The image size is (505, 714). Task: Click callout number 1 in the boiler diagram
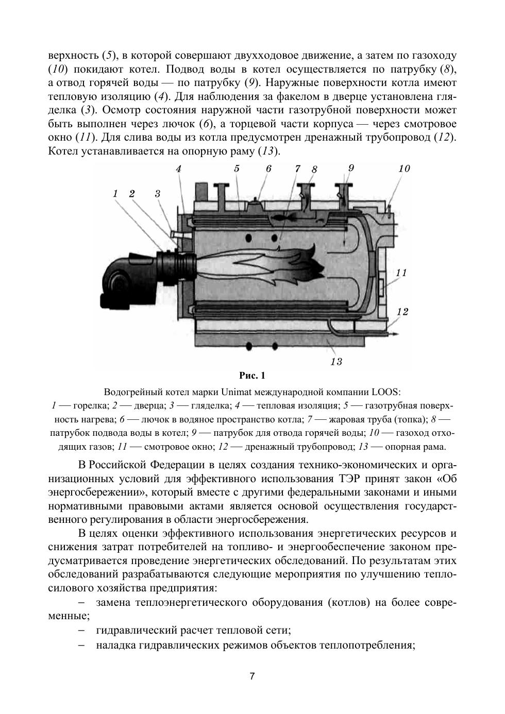pos(115,194)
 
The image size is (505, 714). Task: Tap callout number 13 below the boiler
pos(336,362)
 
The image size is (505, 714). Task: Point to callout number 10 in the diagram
pos(404,168)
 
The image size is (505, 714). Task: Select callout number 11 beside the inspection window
pos(401,273)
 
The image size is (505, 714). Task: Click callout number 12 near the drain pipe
pos(402,312)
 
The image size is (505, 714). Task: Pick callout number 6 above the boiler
pos(268,168)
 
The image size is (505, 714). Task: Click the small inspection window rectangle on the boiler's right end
pos(381,287)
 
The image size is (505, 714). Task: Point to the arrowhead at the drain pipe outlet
pos(395,335)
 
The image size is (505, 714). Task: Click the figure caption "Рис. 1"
pos(252,375)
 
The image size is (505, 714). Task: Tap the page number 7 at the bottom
pos(252,676)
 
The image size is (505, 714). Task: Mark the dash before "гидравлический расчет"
pos(81,630)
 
